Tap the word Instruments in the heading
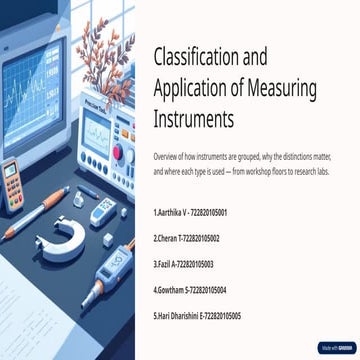[x=193, y=119]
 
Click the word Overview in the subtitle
[x=165, y=158]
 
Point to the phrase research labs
[x=306, y=172]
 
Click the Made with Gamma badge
[x=335, y=348]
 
